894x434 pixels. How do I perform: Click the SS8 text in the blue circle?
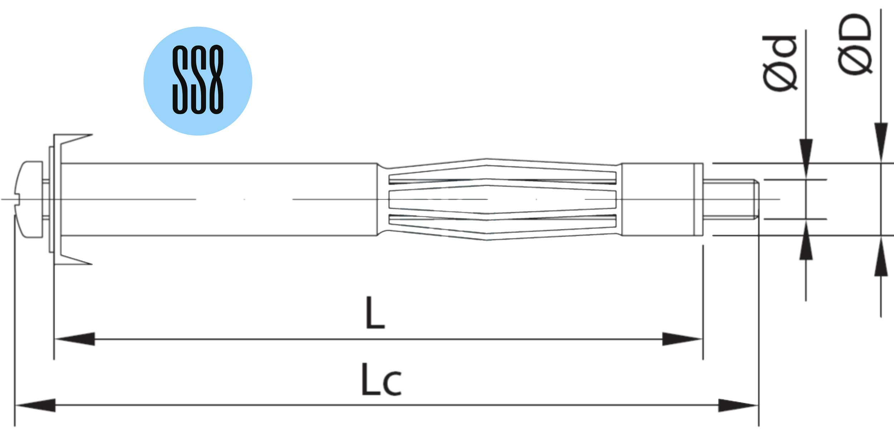(198, 79)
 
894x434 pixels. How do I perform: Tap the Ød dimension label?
(780, 63)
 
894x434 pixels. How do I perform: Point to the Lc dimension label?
(381, 380)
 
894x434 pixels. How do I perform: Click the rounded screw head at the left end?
(29, 199)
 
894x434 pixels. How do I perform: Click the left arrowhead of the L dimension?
(75, 339)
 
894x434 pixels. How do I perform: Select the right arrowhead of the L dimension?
(682, 339)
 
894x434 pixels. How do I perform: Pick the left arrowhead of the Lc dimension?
(35, 405)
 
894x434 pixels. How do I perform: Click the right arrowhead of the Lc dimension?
(738, 405)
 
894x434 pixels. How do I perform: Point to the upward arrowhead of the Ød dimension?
(806, 240)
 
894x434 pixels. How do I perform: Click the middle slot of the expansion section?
(502, 199)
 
